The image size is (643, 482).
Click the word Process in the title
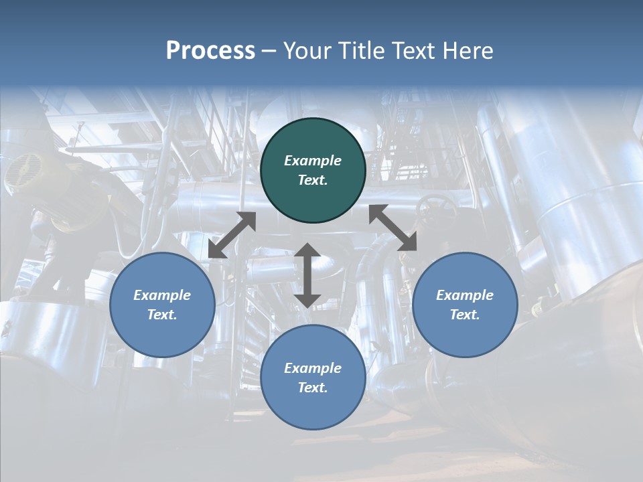coord(210,51)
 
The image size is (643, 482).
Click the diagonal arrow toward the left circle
coord(232,235)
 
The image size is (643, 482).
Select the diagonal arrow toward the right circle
coord(393,228)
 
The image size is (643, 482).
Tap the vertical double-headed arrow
coord(307,275)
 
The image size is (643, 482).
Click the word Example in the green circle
coord(313,161)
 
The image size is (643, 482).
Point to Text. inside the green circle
coord(313,180)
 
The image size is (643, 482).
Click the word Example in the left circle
coord(162,295)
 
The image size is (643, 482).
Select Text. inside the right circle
coord(465,315)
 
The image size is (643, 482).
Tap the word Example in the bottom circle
coord(313,368)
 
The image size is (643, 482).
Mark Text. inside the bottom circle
coord(313,388)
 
